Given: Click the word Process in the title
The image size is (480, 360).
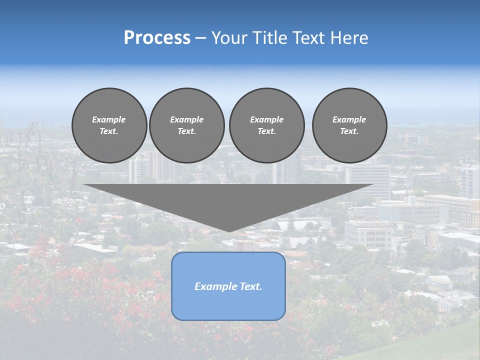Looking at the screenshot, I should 157,38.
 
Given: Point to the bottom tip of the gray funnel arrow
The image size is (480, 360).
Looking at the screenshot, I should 228,231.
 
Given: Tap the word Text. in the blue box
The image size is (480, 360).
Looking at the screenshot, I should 251,286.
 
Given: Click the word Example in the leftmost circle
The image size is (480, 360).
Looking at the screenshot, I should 109,119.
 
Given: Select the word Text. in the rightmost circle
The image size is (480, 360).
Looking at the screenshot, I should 349,131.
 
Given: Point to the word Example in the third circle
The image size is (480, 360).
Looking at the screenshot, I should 266,119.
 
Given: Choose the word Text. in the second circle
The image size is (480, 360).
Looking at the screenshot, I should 186,131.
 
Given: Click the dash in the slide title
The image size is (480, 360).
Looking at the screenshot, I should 201,38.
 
